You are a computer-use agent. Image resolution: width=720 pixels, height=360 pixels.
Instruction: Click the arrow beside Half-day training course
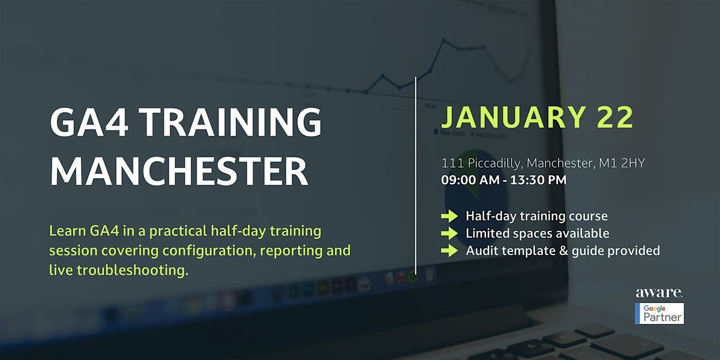click(x=449, y=216)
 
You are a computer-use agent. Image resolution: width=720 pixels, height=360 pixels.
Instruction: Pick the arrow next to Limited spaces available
click(x=449, y=233)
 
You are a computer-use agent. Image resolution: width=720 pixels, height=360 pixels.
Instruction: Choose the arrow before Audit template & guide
click(x=449, y=251)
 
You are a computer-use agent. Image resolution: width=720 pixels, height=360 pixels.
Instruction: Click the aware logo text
click(x=659, y=293)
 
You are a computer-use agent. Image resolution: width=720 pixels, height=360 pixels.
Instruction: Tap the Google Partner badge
click(x=659, y=313)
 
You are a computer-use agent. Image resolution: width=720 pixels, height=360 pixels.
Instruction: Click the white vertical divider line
click(x=416, y=174)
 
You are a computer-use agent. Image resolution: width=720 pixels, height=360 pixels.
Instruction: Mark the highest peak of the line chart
click(x=444, y=40)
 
